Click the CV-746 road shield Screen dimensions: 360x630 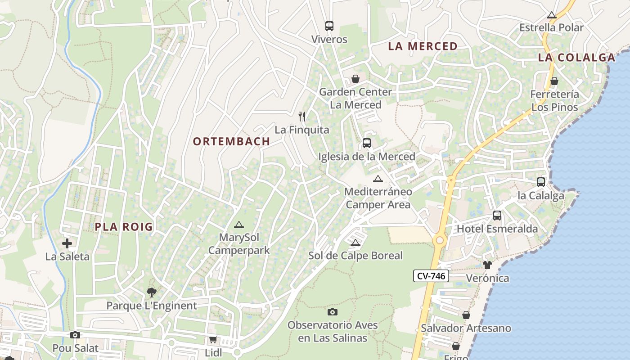coord(431,276)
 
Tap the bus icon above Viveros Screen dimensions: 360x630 coord(329,26)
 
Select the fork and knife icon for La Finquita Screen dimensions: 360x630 coord(302,117)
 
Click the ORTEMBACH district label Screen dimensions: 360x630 coord(232,141)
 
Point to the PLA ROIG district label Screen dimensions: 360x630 coord(124,227)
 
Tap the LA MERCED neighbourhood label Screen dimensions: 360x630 coord(423,46)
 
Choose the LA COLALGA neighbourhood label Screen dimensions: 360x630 coord(576,58)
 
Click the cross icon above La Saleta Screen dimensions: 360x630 coord(67,243)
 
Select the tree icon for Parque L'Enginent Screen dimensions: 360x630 coord(152,292)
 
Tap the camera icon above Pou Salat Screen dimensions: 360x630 coord(75,335)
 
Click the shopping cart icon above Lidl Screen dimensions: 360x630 coord(213,339)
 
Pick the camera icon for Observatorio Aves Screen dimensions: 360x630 coord(333,312)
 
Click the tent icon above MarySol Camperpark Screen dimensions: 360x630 coord(238,225)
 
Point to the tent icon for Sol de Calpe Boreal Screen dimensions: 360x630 coord(355,243)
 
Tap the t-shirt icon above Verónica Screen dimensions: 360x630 coord(487,265)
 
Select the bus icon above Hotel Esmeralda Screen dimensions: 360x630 coord(497,215)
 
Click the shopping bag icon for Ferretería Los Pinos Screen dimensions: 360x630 coord(554,81)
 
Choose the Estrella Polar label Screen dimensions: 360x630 coord(551,27)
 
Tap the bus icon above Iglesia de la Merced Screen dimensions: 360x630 coord(367,143)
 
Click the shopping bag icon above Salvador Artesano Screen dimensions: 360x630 coord(466,315)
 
